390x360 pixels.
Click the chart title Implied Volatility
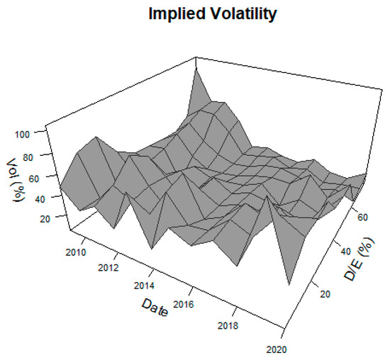tap(211, 13)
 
